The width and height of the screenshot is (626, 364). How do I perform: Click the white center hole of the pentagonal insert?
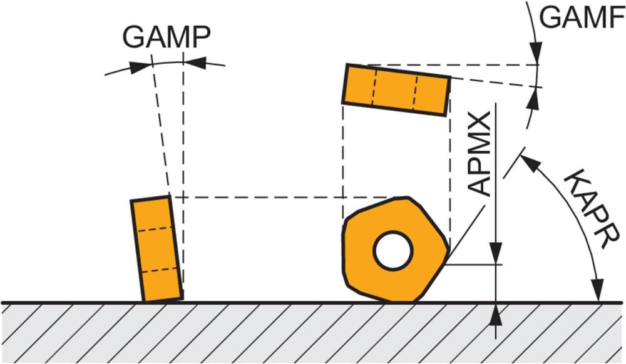(x=393, y=251)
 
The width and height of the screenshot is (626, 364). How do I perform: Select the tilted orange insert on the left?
(x=156, y=249)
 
